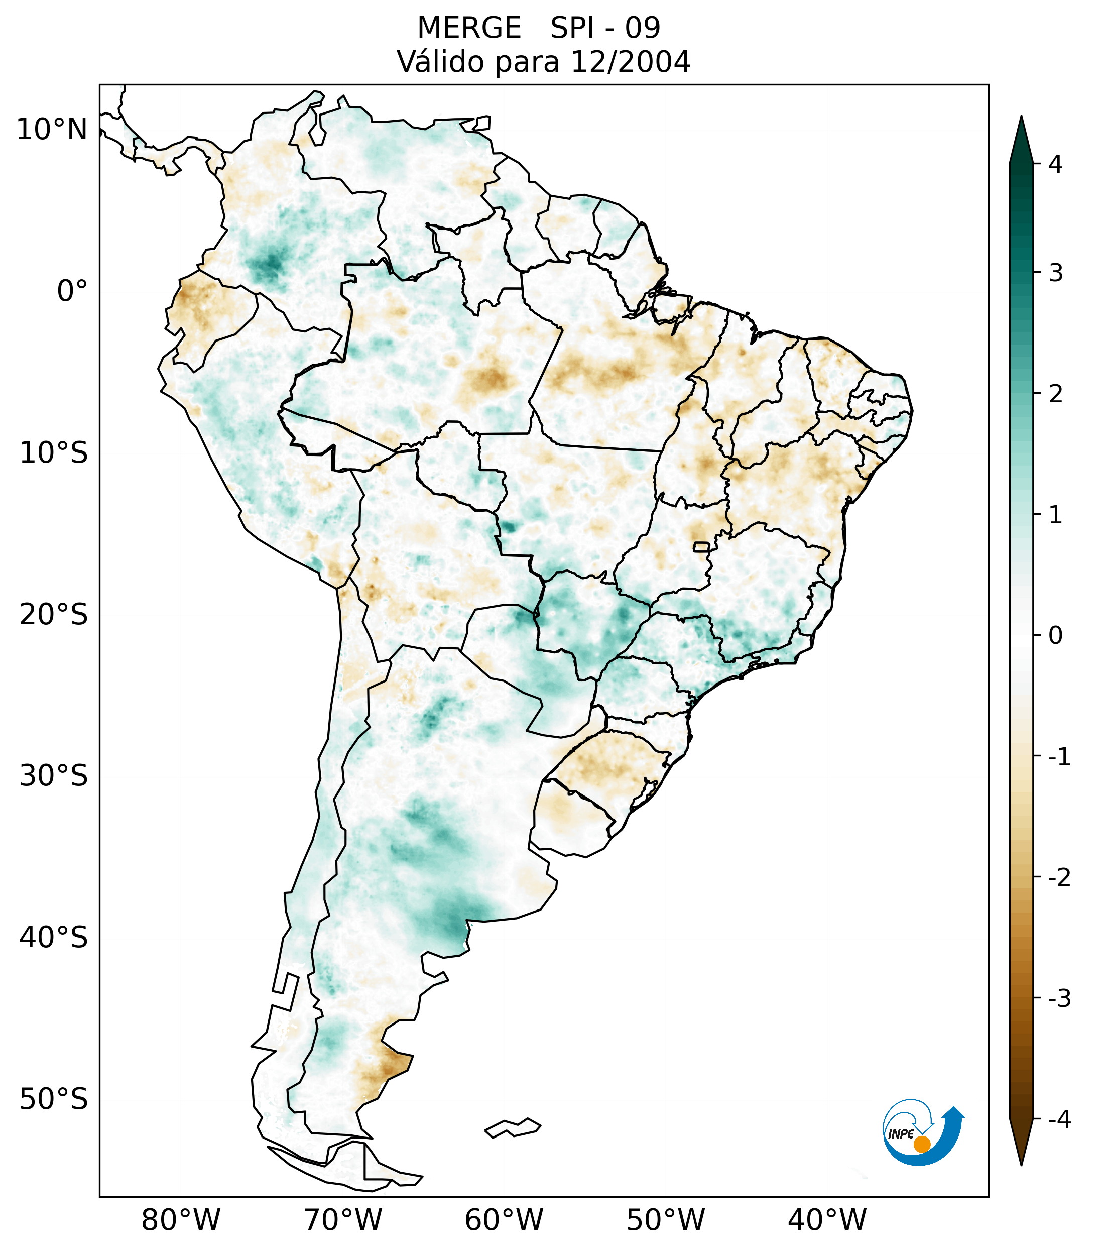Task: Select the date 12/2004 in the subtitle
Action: click(630, 62)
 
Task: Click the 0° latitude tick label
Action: click(72, 291)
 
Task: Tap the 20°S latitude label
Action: click(54, 615)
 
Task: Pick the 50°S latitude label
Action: click(54, 1099)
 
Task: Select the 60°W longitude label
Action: click(504, 1220)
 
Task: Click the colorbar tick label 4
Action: click(1055, 164)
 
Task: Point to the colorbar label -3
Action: click(1059, 998)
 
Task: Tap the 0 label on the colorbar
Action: click(1055, 636)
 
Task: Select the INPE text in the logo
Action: click(901, 1134)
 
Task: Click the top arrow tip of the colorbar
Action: click(1021, 120)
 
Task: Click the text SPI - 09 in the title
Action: click(605, 28)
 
